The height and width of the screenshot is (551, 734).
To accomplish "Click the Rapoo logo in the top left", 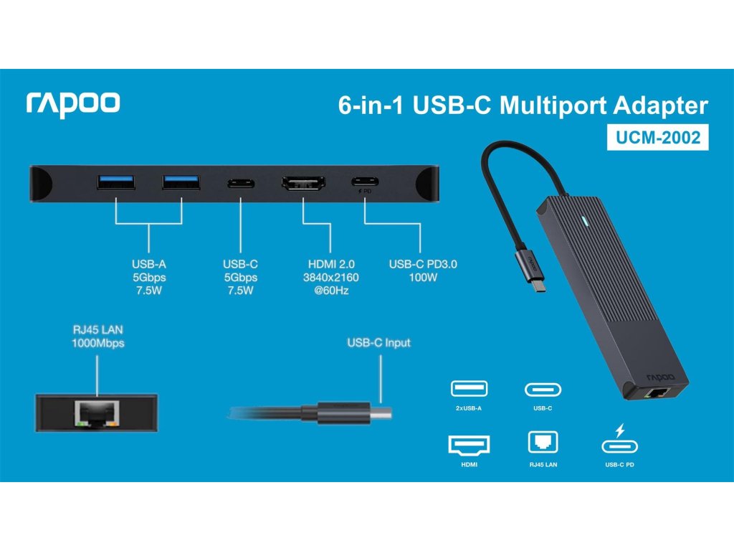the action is (x=73, y=104).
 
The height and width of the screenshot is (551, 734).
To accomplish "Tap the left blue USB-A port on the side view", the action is (x=115, y=183).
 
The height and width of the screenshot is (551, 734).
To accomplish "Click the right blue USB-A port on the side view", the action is (x=181, y=183).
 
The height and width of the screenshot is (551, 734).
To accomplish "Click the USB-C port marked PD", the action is (x=365, y=182).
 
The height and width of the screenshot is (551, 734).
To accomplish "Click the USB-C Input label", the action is (x=378, y=343).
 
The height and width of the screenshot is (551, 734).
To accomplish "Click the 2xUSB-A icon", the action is (x=468, y=390).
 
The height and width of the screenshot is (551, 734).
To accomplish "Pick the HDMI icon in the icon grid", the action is (x=468, y=445).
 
